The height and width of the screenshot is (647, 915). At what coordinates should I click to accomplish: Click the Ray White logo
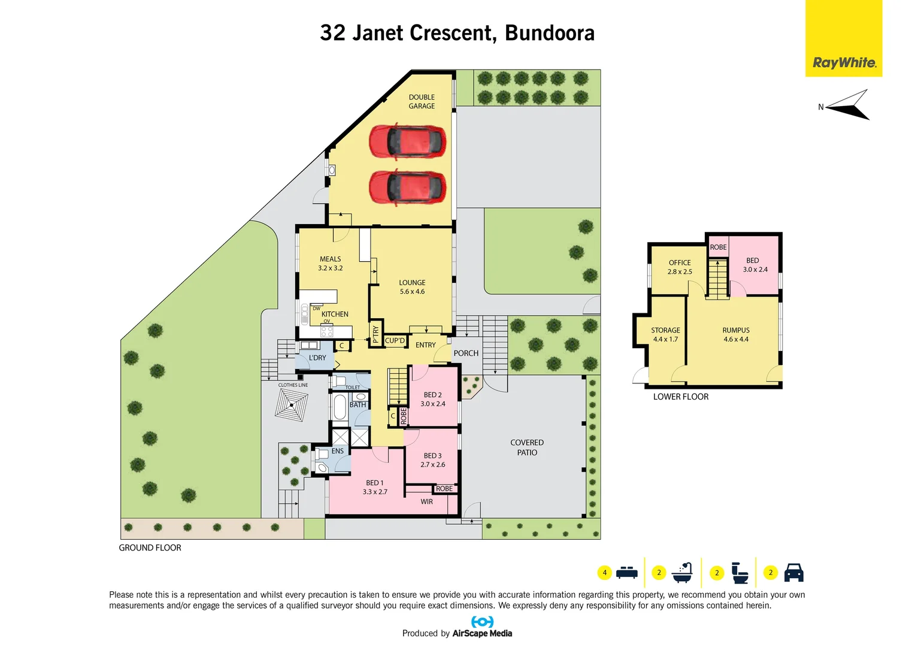click(844, 62)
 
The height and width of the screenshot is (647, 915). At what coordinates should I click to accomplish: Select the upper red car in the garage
click(407, 141)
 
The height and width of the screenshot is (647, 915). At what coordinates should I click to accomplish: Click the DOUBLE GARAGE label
click(422, 101)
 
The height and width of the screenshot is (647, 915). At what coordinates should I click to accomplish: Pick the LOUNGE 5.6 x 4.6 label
click(412, 287)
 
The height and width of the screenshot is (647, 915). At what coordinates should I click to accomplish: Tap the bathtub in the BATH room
click(339, 407)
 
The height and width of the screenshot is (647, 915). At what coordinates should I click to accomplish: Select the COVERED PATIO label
click(527, 448)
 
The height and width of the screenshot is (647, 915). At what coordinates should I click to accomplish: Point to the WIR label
click(426, 502)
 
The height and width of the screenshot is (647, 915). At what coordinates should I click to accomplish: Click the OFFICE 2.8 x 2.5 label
click(680, 267)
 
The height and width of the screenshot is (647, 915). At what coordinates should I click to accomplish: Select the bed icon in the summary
click(626, 573)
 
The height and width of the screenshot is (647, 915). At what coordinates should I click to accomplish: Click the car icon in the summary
click(793, 573)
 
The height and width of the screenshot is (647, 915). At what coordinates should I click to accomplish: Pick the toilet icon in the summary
click(740, 573)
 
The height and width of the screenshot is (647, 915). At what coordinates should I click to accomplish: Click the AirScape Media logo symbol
click(482, 622)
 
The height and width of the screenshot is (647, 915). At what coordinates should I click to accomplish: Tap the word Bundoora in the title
click(550, 33)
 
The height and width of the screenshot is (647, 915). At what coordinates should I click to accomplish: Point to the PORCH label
click(466, 353)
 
